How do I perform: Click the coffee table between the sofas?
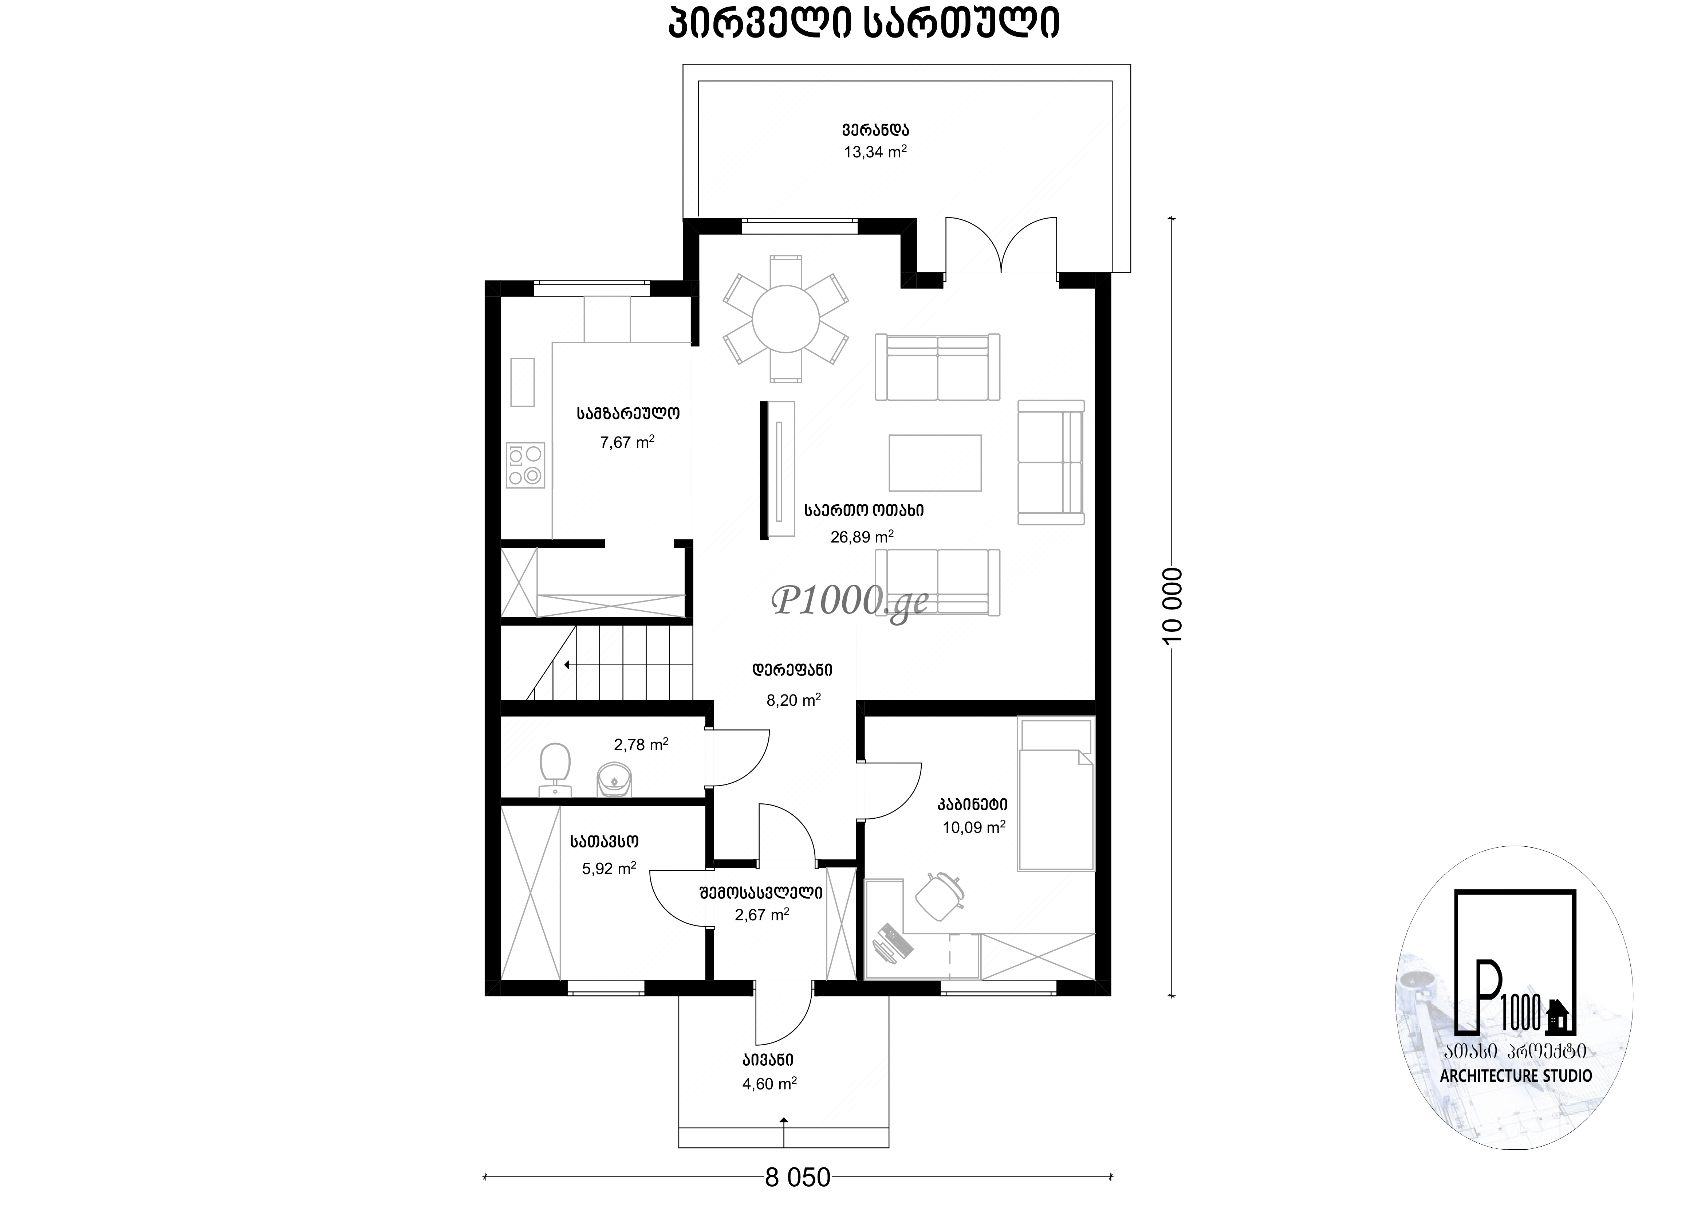pyautogui.click(x=935, y=463)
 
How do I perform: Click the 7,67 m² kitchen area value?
pyautogui.click(x=627, y=442)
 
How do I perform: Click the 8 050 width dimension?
pyautogui.click(x=798, y=1177)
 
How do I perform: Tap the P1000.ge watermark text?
pyautogui.click(x=851, y=600)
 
